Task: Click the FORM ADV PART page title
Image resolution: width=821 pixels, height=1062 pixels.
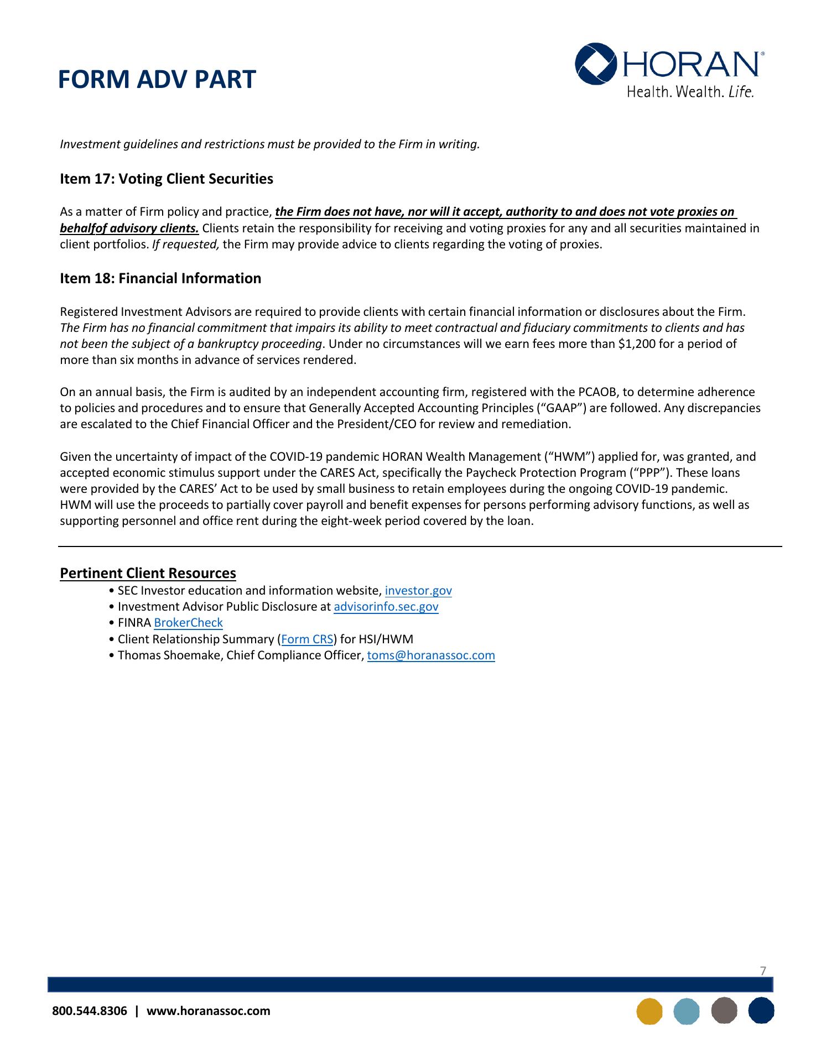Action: pos(157,80)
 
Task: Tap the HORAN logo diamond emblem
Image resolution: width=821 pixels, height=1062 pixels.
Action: pos(596,63)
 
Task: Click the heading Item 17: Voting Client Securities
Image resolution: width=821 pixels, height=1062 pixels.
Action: pos(167,179)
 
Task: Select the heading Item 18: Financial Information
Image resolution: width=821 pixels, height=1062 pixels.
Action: pos(160,278)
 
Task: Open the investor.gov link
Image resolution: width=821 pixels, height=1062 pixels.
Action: pos(418,591)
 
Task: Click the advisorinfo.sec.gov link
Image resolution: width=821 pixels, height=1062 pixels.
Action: pos(386,607)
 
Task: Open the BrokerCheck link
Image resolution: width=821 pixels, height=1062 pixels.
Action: pos(188,623)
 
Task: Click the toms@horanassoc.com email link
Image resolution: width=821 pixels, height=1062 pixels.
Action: pos(431,655)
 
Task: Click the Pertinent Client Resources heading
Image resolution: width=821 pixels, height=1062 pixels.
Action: pos(148,573)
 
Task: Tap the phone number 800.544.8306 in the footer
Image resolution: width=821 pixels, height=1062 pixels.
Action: pos(89,1011)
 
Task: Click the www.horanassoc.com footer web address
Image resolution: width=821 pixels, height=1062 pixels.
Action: pos(208,1011)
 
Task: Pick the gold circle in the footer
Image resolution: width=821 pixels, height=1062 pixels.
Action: pos(649,1011)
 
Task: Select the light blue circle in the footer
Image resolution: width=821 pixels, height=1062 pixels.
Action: pos(687,1011)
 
